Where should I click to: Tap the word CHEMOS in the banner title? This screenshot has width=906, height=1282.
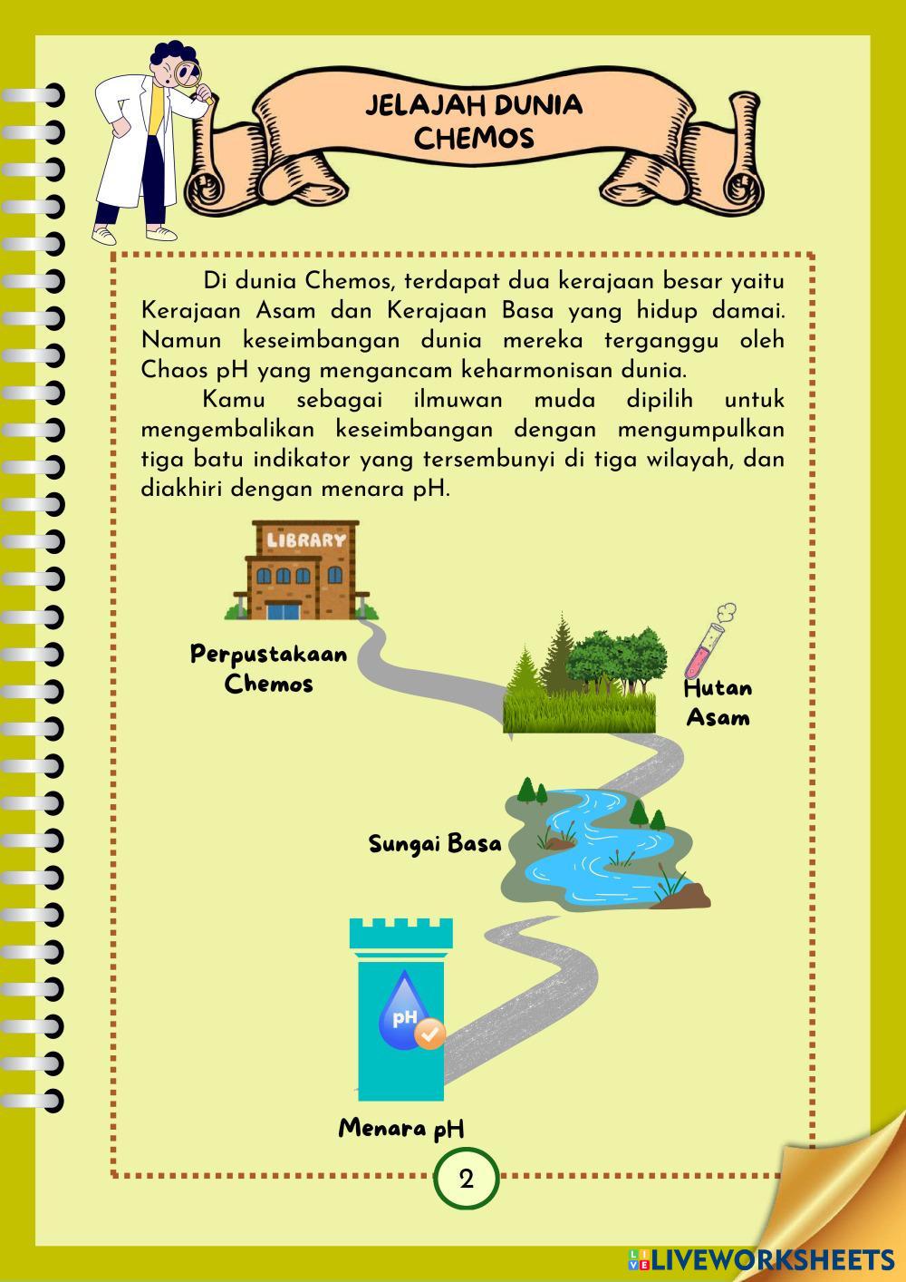click(474, 138)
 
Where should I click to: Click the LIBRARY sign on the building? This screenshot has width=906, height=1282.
click(305, 539)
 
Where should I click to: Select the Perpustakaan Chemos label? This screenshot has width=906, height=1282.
click(269, 668)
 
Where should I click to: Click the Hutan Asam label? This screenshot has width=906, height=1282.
click(718, 703)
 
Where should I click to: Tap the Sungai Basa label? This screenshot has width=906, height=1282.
click(435, 844)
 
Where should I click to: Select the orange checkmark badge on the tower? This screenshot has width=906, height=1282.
click(429, 1033)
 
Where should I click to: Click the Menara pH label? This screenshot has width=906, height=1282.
click(401, 1129)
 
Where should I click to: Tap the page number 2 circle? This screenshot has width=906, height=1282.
click(467, 1180)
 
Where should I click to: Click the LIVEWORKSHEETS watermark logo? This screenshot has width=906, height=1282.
click(761, 1259)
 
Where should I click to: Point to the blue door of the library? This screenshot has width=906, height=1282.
click(284, 607)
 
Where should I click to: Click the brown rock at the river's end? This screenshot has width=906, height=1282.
click(689, 896)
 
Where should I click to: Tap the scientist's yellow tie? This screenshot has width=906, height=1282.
click(159, 117)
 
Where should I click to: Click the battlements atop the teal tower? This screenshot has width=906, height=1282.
click(401, 934)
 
